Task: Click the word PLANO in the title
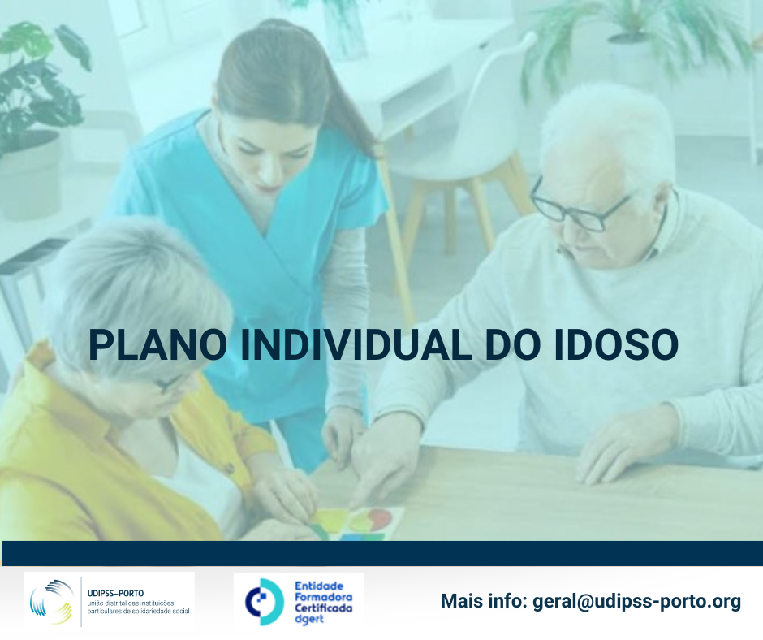click(157, 345)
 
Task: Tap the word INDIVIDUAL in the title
click(356, 345)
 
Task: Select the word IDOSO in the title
click(616, 345)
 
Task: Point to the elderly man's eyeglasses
click(579, 207)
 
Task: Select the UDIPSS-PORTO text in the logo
click(115, 593)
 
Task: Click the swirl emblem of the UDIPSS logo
click(51, 602)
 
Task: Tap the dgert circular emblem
click(265, 602)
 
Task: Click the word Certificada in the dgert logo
click(324, 608)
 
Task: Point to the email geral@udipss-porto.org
click(637, 602)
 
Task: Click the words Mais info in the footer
click(484, 601)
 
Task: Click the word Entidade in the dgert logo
click(319, 586)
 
